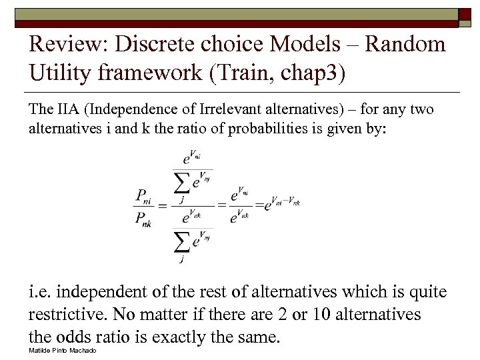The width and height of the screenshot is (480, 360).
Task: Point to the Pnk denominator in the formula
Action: (142, 218)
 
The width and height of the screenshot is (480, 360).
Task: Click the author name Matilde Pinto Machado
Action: (63, 351)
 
